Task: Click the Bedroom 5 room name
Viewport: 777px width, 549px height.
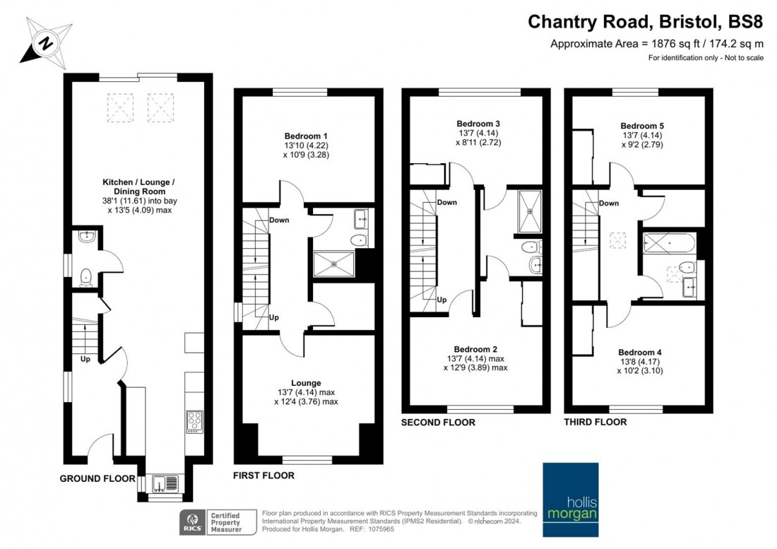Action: click(642, 126)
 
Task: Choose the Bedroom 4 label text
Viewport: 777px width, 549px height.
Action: click(639, 352)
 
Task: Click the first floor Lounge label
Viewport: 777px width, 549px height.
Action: click(305, 383)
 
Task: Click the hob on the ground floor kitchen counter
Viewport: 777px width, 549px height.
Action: click(194, 422)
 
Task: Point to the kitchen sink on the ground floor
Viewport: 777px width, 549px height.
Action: click(163, 484)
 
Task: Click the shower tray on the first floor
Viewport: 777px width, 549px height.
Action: click(334, 265)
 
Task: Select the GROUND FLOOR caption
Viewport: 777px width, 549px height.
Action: click(97, 478)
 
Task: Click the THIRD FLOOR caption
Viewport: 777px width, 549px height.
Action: click(595, 422)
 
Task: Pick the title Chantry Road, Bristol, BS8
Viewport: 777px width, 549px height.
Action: click(646, 22)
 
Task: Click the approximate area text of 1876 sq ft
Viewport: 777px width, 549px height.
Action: click(657, 43)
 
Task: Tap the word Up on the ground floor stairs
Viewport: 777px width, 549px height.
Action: click(85, 359)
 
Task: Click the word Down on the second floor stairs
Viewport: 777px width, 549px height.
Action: click(446, 202)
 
